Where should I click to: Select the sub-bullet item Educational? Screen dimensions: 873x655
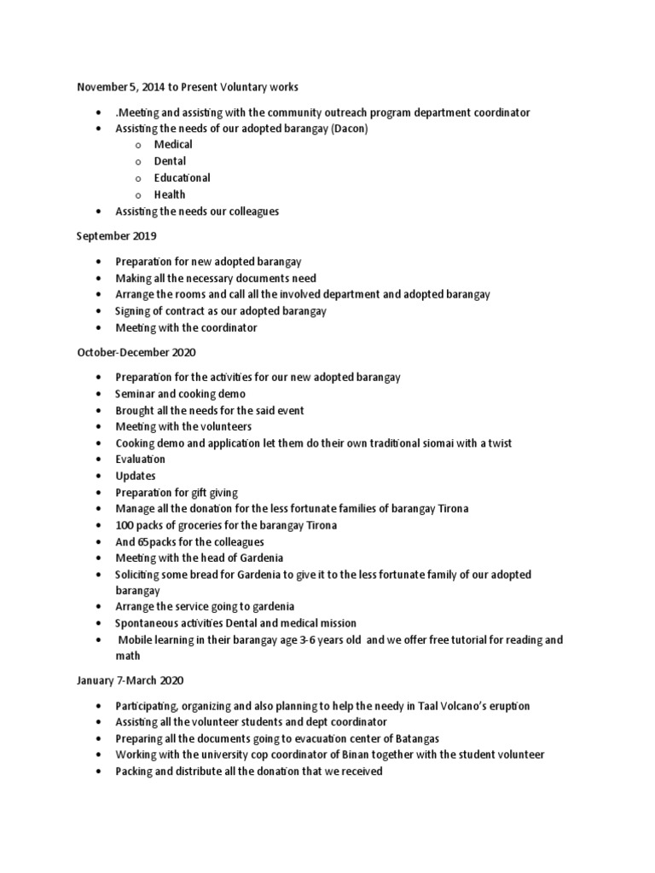[x=182, y=178]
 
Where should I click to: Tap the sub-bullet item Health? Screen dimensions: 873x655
[x=170, y=194]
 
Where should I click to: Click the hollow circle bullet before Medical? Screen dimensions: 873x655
[x=137, y=145]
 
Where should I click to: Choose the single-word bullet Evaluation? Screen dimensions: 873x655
[x=141, y=460]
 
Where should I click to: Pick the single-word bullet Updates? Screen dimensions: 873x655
[x=136, y=476]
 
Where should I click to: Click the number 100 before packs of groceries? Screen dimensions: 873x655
[x=125, y=525]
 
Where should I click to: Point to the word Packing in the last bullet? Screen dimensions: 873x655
[x=136, y=772]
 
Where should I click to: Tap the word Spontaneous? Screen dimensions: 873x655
[x=148, y=623]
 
